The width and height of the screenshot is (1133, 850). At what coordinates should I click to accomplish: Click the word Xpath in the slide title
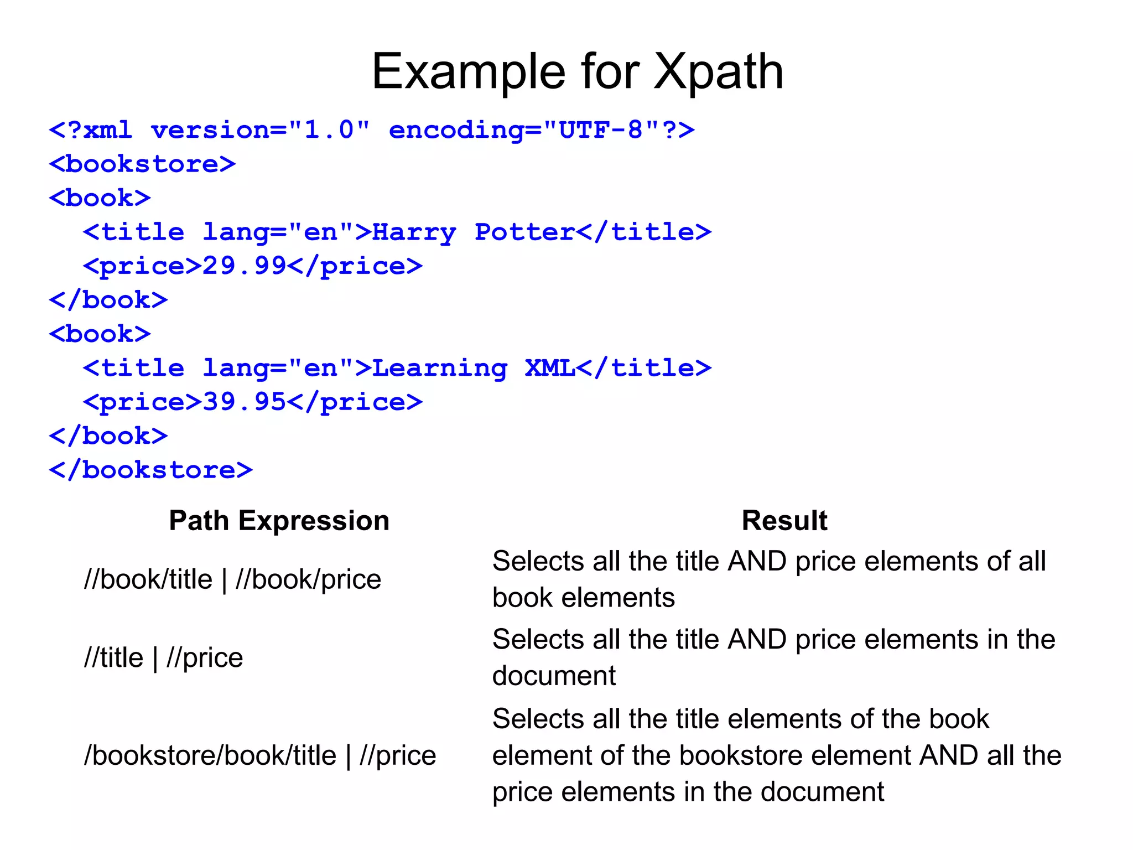[x=718, y=72]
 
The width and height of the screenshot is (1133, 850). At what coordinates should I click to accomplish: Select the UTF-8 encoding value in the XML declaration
[x=601, y=131]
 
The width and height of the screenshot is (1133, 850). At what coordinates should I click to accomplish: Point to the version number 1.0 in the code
[x=329, y=131]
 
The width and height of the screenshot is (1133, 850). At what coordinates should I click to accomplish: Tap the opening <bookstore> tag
[x=142, y=164]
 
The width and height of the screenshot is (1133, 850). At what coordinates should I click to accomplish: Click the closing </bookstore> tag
[x=150, y=470]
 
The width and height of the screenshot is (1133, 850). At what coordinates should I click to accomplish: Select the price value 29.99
[x=244, y=266]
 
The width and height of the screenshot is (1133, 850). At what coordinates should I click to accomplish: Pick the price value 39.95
[x=244, y=402]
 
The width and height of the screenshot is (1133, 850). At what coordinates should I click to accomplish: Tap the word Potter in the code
[x=524, y=232]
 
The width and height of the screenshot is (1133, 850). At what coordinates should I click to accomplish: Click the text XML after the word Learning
[x=550, y=369]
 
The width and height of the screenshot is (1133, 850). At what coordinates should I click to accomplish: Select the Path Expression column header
[x=279, y=521]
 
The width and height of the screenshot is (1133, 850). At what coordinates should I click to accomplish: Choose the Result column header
[x=784, y=521]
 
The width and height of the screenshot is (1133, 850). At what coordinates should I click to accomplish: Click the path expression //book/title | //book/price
[x=232, y=580]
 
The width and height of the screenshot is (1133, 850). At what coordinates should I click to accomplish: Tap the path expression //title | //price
[x=163, y=658]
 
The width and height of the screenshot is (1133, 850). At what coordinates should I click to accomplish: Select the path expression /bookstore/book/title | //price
[x=260, y=756]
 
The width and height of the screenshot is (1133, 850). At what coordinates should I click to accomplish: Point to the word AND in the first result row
[x=757, y=562]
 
